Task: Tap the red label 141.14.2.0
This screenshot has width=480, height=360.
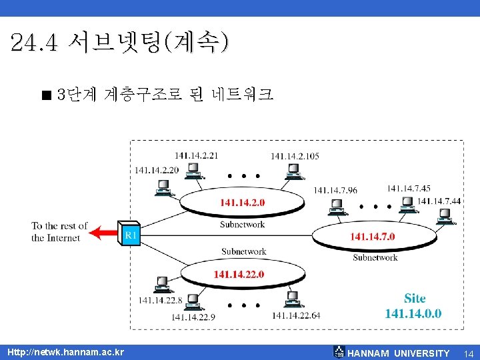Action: (x=242, y=202)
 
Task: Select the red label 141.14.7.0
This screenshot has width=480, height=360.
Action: (x=373, y=236)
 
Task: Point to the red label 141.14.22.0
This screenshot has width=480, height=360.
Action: (x=239, y=274)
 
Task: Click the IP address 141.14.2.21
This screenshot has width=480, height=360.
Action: (x=196, y=155)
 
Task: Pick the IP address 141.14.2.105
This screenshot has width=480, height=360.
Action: (x=295, y=156)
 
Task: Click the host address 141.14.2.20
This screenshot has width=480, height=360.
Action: (x=157, y=170)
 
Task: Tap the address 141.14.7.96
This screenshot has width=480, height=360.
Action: (x=335, y=191)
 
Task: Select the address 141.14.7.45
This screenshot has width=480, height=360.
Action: (x=409, y=189)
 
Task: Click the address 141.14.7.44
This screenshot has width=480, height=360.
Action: (x=439, y=201)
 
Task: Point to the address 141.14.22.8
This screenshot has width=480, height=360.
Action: (x=160, y=301)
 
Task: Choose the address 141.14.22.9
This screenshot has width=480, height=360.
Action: (x=193, y=317)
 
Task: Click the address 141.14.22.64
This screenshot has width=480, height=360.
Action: (x=296, y=315)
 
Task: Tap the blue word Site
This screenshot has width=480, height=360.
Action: (x=414, y=298)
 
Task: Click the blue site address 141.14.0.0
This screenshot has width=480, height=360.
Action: (x=413, y=313)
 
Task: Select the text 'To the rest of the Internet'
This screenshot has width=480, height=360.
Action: (x=59, y=232)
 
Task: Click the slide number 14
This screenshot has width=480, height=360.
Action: (x=469, y=353)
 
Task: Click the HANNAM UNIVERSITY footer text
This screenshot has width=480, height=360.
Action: (x=398, y=353)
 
